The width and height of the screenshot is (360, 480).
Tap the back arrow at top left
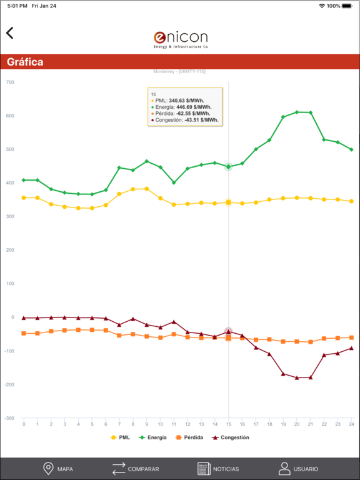[10, 33]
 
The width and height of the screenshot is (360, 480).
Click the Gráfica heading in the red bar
[25, 62]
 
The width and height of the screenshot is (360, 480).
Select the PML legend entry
[120, 437]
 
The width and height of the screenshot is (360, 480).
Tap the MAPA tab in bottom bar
[58, 469]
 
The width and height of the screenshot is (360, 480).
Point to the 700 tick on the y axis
[9, 82]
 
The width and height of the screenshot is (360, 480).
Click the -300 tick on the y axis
[8, 418]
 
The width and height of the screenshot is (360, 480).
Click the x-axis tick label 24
[352, 424]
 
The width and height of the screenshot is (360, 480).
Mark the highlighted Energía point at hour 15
[229, 167]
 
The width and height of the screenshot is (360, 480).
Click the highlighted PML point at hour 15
[229, 202]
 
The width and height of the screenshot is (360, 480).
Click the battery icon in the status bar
[349, 6]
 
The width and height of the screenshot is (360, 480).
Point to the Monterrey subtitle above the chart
[179, 72]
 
